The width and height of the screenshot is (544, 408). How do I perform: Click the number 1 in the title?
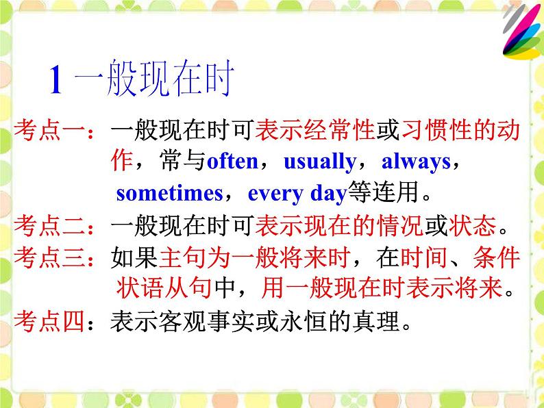coord(58,81)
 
